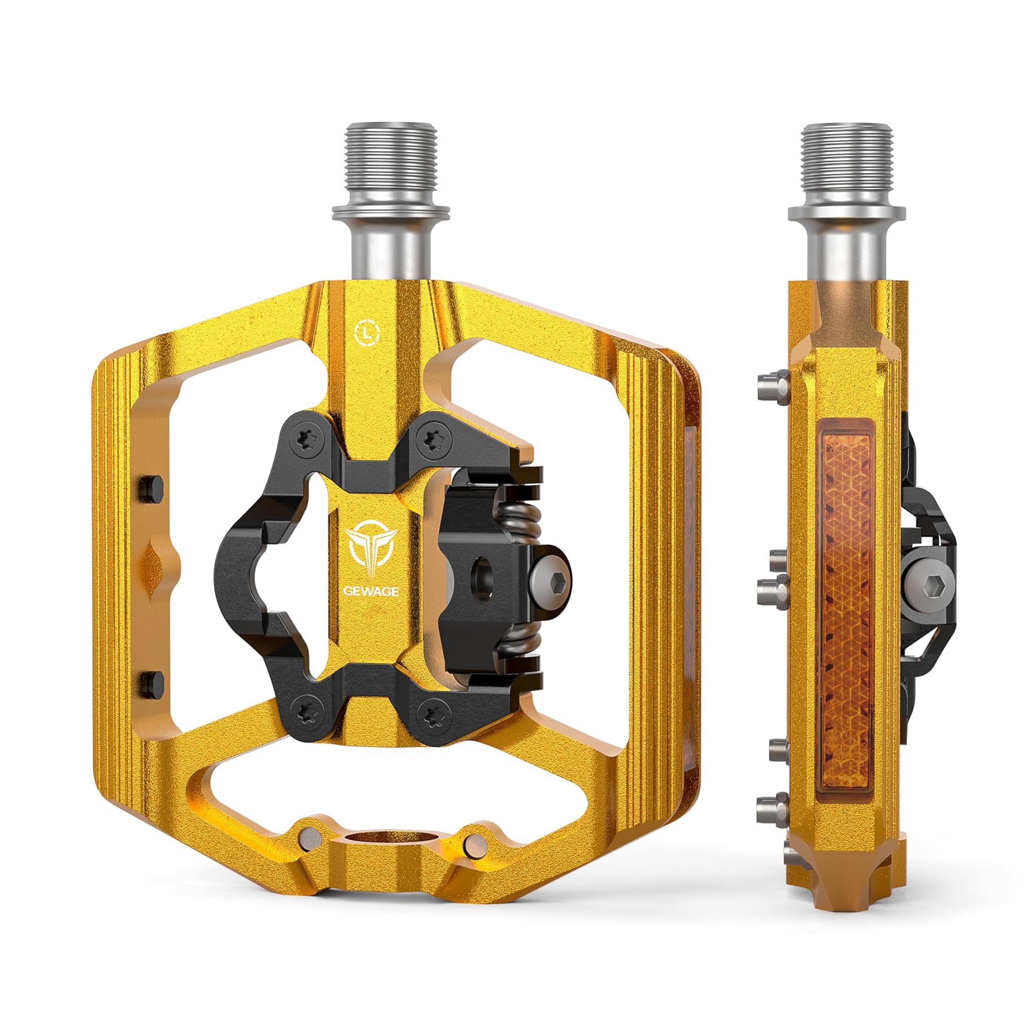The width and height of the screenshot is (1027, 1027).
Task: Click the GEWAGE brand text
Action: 371,592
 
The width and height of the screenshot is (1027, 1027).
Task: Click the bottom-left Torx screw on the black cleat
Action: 307,712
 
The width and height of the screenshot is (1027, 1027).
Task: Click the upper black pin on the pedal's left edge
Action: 150,486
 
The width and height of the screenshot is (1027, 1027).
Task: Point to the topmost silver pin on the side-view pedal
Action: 772,388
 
